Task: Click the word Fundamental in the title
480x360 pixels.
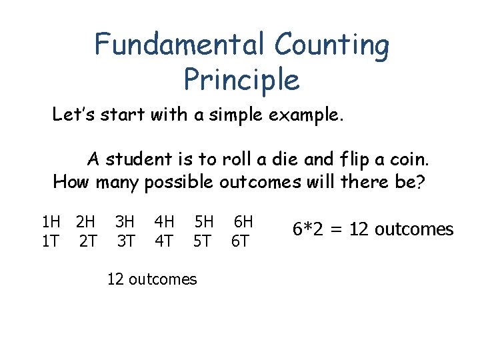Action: click(x=178, y=44)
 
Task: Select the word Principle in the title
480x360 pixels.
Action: click(x=241, y=80)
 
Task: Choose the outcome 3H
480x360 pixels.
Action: click(x=125, y=221)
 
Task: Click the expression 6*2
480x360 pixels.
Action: click(x=310, y=229)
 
